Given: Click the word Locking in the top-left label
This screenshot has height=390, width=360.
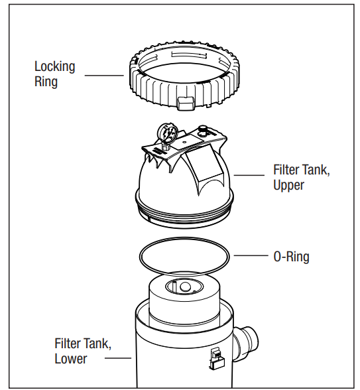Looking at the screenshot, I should (54, 67).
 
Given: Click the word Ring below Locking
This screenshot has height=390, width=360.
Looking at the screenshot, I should (46, 82).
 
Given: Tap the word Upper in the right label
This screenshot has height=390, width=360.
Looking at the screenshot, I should (288, 185).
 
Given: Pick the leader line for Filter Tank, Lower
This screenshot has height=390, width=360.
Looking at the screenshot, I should (119, 358).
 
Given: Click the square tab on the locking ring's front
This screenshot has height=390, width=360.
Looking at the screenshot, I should (186, 101).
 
